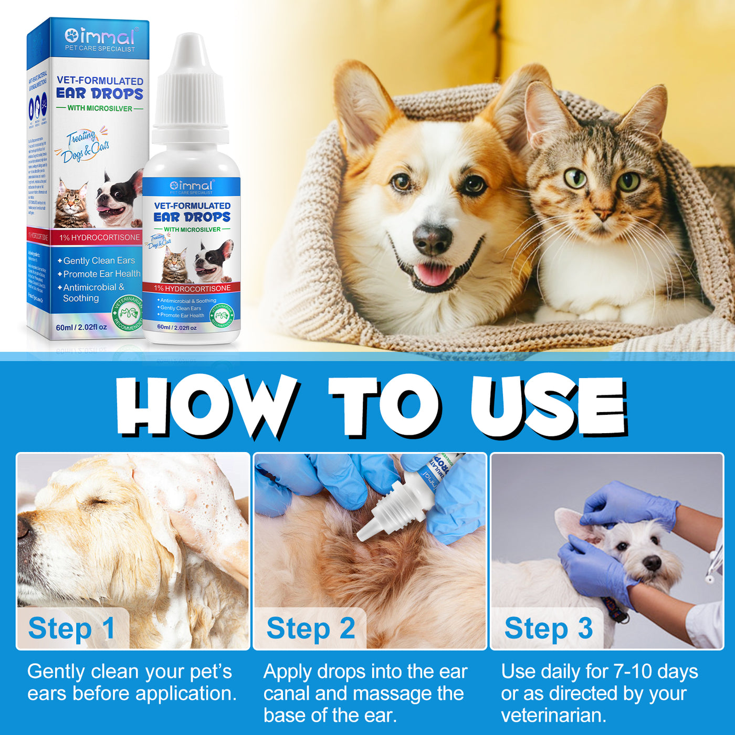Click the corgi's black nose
tap(432, 239)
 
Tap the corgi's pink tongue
tap(433, 275)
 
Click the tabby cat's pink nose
tap(602, 214)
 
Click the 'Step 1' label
tap(72, 628)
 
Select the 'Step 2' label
tap(310, 628)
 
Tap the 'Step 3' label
tap(548, 628)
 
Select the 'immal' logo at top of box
tap(100, 37)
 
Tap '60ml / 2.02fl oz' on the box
tap(81, 327)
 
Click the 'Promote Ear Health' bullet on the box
tap(101, 274)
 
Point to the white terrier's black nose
tap(652, 563)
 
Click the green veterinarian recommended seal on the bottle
tap(222, 316)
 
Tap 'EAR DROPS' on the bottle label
tap(192, 217)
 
